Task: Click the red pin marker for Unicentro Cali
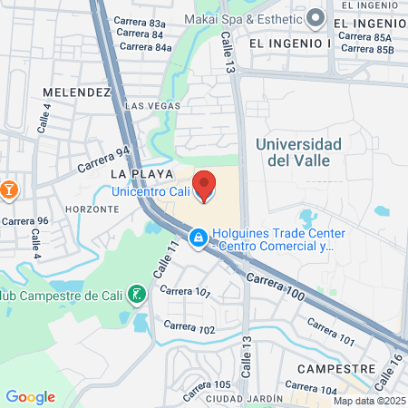pyautogui.click(x=206, y=186)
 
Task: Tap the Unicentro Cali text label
pyautogui.click(x=151, y=190)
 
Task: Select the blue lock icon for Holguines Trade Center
pyautogui.click(x=197, y=237)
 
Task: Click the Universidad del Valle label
pyautogui.click(x=298, y=152)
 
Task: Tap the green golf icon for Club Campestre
pyautogui.click(x=135, y=294)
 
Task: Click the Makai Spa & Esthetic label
pyautogui.click(x=241, y=18)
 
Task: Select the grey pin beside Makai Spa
pyautogui.click(x=316, y=17)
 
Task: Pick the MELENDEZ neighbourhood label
pyautogui.click(x=75, y=92)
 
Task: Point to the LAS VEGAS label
pyautogui.click(x=147, y=106)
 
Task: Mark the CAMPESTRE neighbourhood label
pyautogui.click(x=336, y=370)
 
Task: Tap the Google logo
pyautogui.click(x=30, y=397)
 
